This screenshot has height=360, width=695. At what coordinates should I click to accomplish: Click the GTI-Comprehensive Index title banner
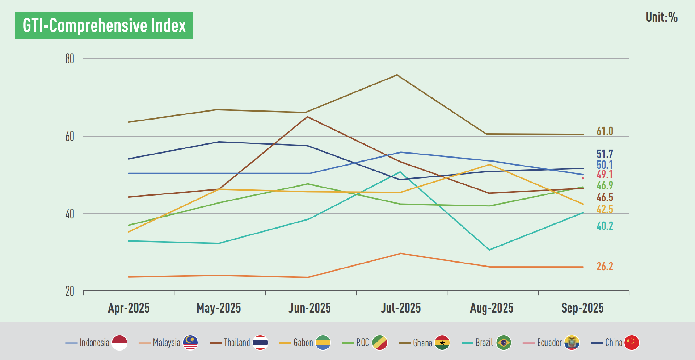pos(104,25)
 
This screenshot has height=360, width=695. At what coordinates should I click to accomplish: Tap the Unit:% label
pos(661,17)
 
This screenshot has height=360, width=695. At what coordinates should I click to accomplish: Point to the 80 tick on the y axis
pos(69,59)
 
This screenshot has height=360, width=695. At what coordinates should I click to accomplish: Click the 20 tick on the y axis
pos(69,291)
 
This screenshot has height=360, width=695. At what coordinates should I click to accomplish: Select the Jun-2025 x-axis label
pos(309,308)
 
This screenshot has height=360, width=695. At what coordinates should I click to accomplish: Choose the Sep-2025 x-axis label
pos(582,308)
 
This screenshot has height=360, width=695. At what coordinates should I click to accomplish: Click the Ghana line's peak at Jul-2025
pos(397,75)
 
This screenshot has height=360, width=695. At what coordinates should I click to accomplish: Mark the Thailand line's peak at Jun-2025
pos(307,117)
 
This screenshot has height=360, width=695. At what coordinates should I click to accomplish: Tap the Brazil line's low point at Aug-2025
pos(489,250)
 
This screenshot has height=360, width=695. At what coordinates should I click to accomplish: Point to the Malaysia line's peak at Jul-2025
pos(400,254)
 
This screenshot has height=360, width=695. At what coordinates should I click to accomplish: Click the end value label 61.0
pos(605,131)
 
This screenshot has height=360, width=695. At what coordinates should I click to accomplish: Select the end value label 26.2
pos(605,267)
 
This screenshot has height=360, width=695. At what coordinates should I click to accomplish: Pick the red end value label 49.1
pos(605,175)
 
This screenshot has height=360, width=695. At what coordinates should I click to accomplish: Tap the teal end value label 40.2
pos(605,226)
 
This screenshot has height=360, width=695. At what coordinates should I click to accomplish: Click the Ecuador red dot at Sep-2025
pos(582,178)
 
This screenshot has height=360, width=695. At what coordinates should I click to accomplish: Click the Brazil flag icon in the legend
pos(504,342)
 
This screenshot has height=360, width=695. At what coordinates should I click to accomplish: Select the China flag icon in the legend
pos(632,342)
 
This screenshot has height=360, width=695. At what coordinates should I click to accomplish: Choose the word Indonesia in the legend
pos(94,343)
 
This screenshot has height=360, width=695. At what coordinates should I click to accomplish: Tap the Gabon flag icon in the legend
pos(323,342)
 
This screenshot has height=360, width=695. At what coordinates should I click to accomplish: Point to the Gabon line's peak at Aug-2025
pos(489,164)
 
